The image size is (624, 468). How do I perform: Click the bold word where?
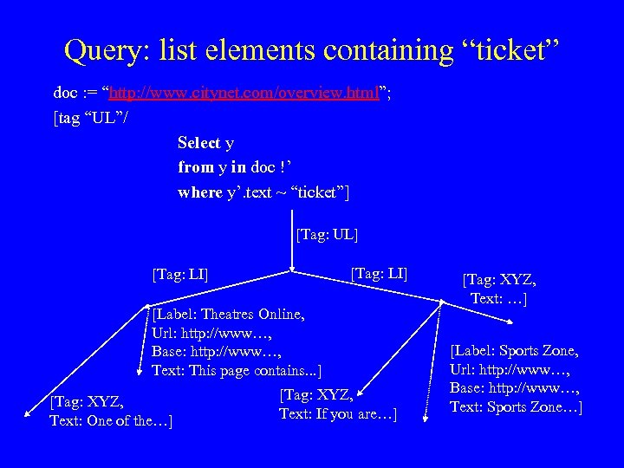coord(200,192)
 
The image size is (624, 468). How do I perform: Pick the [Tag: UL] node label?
coord(327,234)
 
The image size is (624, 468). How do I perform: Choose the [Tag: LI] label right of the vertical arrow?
coord(379,274)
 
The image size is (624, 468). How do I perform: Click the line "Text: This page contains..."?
coord(236,371)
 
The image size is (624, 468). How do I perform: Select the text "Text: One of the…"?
coord(111,421)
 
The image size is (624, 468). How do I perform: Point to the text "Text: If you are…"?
coord(338,415)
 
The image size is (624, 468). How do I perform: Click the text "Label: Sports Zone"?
coord(515,351)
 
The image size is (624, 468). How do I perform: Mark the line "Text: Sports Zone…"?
coord(515,407)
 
